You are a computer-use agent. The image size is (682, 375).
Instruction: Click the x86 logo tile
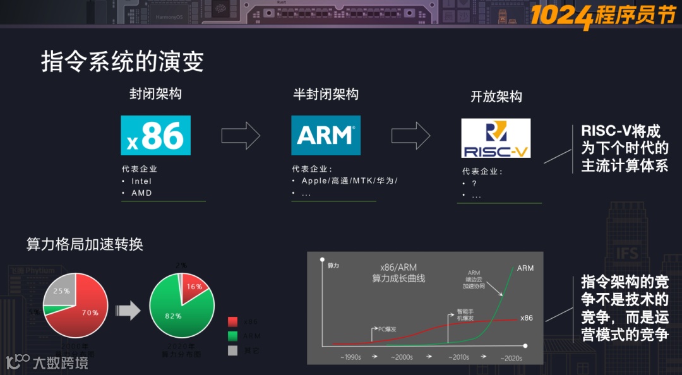coord(155,135)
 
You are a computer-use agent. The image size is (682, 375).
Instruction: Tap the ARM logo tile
coord(325,135)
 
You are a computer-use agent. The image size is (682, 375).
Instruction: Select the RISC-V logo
coord(496,138)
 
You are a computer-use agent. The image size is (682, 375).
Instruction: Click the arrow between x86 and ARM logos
coord(241,135)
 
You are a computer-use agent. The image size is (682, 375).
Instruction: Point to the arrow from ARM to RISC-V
coord(410,135)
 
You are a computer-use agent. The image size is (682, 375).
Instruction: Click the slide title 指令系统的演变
coord(123,62)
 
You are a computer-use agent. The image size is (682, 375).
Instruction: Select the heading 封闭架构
coord(155,94)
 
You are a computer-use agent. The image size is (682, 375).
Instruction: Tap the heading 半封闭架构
coord(326,94)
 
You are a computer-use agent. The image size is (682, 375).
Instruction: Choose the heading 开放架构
coord(496,97)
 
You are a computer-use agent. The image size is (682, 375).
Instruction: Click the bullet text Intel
coord(141,181)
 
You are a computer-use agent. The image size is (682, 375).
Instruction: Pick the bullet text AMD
coord(141,193)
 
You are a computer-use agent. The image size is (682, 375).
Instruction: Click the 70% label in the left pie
coord(90,312)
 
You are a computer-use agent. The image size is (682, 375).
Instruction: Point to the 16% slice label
coord(194,287)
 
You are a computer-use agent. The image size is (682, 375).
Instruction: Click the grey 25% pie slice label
coord(62,291)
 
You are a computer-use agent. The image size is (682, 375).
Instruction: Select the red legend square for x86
coord(232,322)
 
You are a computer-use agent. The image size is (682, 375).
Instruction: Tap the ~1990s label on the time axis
coord(350,357)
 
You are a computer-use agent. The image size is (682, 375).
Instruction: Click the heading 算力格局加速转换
coord(85,244)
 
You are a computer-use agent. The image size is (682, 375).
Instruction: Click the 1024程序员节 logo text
coord(602,15)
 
